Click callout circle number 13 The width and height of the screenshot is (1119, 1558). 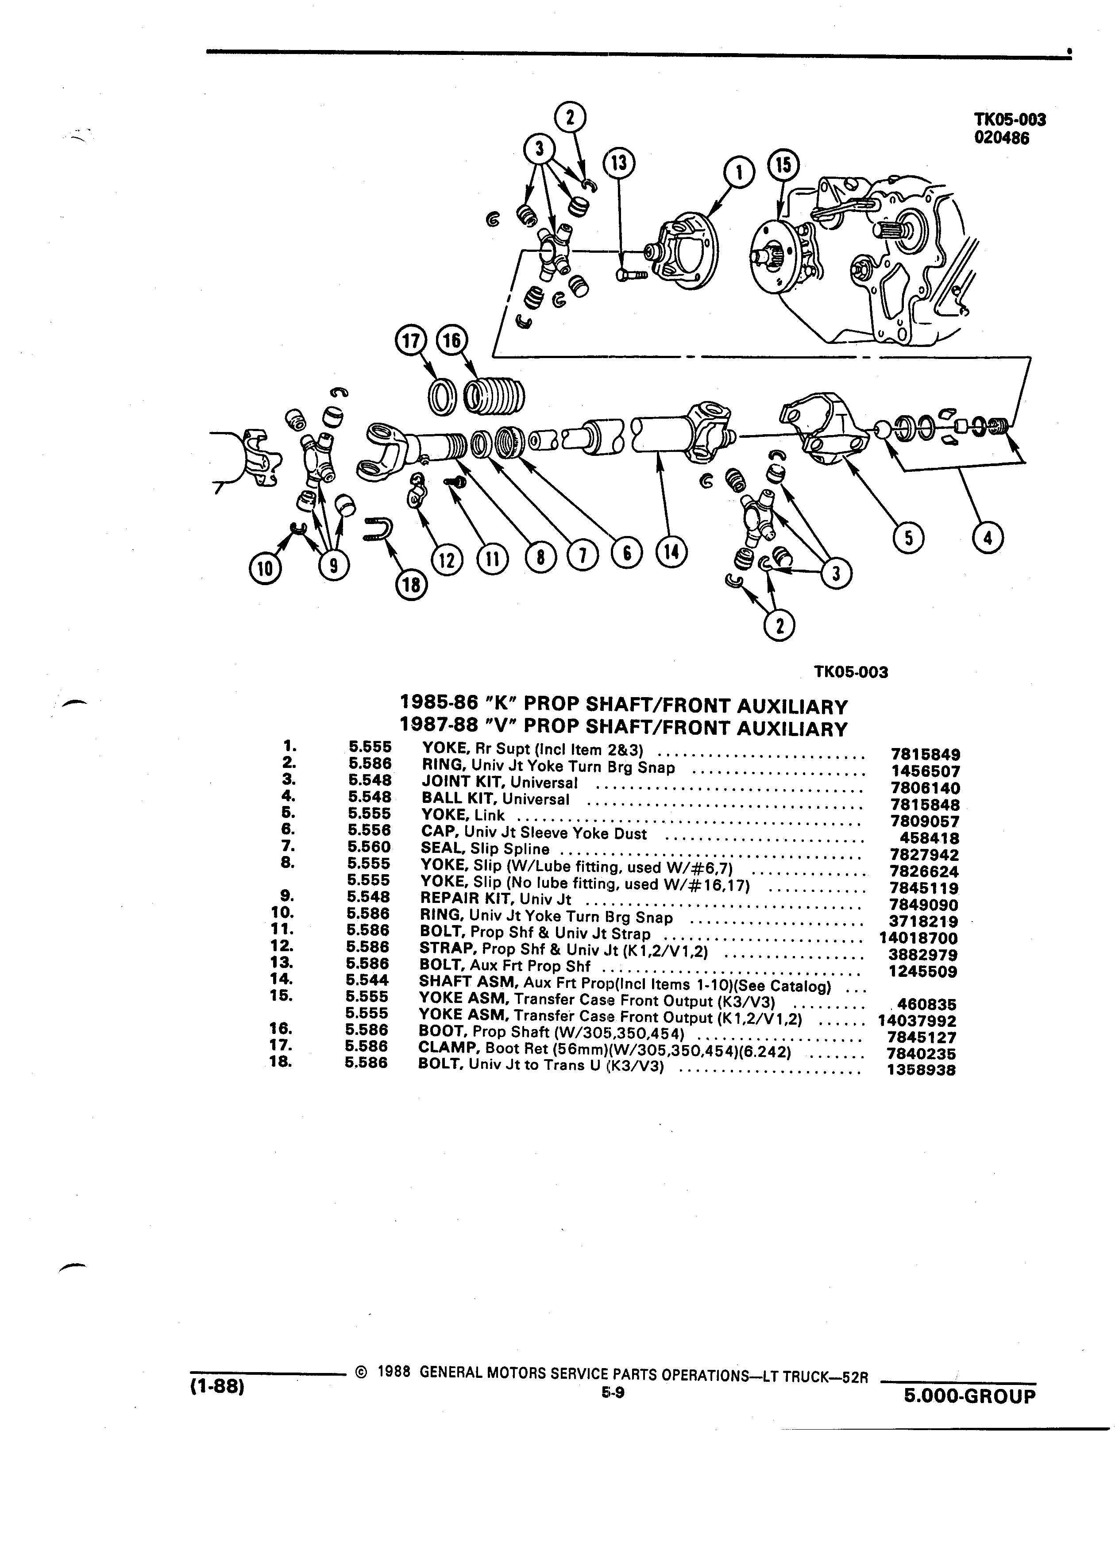(619, 165)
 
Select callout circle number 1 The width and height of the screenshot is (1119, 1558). (740, 173)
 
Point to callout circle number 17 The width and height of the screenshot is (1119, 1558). (412, 341)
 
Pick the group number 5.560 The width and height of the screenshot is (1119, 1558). (369, 847)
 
